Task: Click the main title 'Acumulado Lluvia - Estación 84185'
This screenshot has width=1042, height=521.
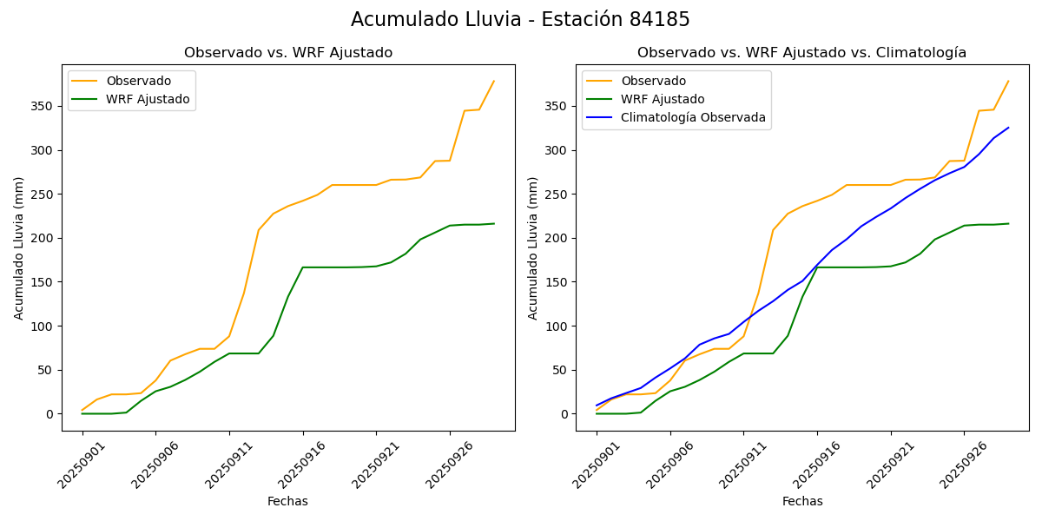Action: coord(520,20)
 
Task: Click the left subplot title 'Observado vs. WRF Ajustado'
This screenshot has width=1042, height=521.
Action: coord(288,53)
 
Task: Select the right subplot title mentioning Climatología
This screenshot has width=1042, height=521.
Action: coord(801,53)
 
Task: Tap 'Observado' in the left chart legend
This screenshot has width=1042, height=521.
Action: coord(138,81)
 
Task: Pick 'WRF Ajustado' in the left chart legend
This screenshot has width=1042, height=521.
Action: coord(148,99)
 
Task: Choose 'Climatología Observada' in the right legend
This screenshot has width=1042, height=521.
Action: coord(693,117)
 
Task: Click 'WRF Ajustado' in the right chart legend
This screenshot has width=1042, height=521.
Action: coord(662,99)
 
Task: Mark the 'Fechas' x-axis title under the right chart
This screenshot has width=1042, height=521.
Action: coord(802,501)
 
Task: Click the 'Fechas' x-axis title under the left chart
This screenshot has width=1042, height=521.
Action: coord(287,501)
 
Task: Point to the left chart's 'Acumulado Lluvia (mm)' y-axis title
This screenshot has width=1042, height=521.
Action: coord(19,247)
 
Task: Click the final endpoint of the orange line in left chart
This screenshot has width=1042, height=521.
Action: coord(494,82)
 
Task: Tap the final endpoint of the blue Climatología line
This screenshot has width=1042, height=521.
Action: coord(1008,128)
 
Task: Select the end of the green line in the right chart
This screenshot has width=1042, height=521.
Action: coord(1008,224)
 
